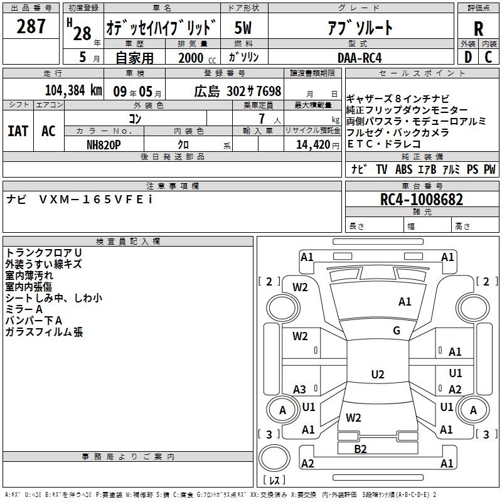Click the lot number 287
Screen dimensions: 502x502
point(31,26)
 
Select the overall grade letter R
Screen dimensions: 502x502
point(478,29)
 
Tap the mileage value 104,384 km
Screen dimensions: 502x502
point(73,90)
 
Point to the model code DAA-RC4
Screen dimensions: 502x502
point(360,58)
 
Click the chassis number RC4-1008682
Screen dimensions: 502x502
point(422,200)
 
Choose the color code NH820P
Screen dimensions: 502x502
point(104,145)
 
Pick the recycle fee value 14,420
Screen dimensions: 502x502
point(313,145)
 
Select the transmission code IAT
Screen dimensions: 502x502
point(18,131)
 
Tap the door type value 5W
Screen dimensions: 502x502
point(243,28)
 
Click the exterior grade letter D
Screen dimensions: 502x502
point(468,57)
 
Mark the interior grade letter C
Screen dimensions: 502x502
point(488,57)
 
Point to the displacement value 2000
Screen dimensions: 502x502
point(191,58)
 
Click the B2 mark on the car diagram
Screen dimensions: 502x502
point(360,449)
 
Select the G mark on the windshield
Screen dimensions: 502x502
point(397,330)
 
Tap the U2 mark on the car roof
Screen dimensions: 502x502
point(378,374)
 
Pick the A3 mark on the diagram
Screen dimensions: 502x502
point(299,389)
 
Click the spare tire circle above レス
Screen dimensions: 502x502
point(274,457)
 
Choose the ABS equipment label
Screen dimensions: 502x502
point(403,169)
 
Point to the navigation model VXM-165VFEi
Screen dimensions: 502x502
point(96,200)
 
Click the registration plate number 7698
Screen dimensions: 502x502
point(269,91)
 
